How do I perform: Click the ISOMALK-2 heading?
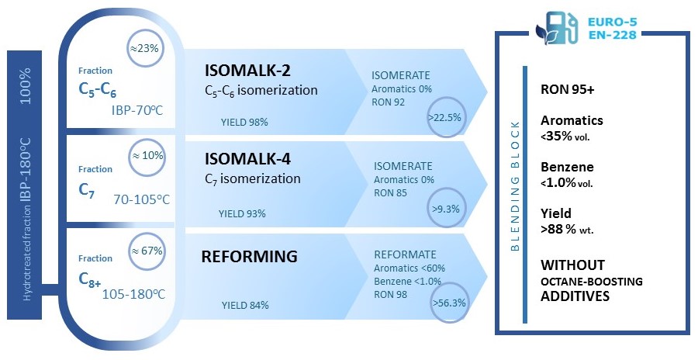pyautogui.click(x=247, y=71)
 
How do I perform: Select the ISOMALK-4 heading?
pyautogui.click(x=247, y=159)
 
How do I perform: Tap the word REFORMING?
pyautogui.click(x=249, y=257)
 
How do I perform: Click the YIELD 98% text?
pyautogui.click(x=244, y=122)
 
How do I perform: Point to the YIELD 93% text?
pyautogui.click(x=242, y=214)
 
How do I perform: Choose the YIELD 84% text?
pyautogui.click(x=245, y=306)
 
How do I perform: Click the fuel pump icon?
pyautogui.click(x=558, y=29)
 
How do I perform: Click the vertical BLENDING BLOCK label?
pyautogui.click(x=515, y=186)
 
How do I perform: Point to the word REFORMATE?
pyautogui.click(x=406, y=254)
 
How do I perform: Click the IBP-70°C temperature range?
pyautogui.click(x=137, y=110)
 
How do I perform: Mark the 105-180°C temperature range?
pyautogui.click(x=134, y=295)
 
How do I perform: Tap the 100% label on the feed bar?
pyautogui.click(x=26, y=86)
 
